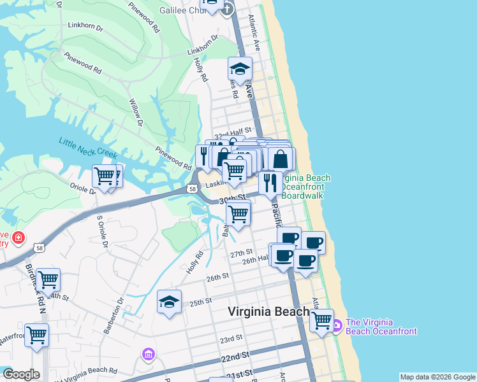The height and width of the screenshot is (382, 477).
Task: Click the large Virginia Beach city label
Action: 269,312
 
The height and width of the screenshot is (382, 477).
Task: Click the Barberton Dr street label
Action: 113,315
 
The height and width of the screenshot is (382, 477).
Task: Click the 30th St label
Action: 232,200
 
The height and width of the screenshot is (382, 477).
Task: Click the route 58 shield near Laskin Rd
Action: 192,188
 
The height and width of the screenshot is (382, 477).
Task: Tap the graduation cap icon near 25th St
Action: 170,301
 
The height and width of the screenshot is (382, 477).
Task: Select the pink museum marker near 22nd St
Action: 149,353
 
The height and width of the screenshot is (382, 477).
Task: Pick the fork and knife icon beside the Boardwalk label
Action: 270,182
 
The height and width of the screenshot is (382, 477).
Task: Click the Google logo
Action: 21,374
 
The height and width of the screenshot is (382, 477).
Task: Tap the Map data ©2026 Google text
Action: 437,377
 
